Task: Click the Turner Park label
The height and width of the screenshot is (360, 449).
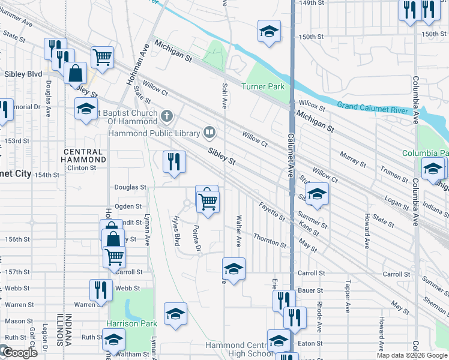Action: coord(262,87)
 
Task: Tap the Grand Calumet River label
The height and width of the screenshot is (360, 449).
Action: coord(372,106)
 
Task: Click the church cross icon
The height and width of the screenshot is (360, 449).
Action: coord(167,115)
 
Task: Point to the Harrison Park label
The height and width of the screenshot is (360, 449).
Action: coord(131,323)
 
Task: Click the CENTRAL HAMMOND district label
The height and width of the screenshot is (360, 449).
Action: coord(85,156)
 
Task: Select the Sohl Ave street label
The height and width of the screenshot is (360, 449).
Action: coord(224,96)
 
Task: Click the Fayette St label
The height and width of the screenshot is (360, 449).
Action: coord(273,212)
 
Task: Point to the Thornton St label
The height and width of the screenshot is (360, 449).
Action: coord(270,240)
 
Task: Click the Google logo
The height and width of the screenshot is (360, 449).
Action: coord(19,353)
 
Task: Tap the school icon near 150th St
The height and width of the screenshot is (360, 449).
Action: coord(270,31)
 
